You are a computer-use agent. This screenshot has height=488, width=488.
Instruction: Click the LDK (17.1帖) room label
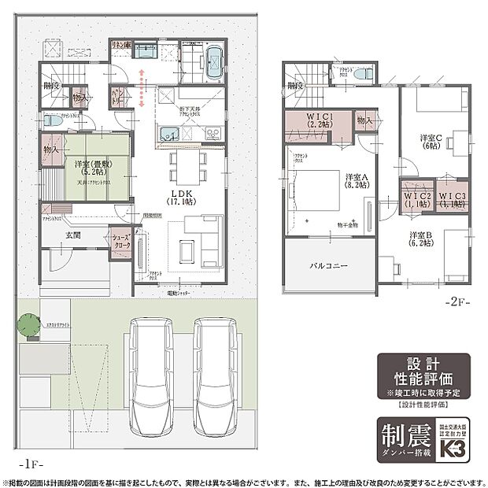pos(182,196)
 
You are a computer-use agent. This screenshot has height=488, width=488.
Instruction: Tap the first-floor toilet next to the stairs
pos(52,122)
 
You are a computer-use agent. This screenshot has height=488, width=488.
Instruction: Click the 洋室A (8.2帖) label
pos(357,181)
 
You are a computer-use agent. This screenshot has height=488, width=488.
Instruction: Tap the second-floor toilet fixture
pos(360,74)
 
